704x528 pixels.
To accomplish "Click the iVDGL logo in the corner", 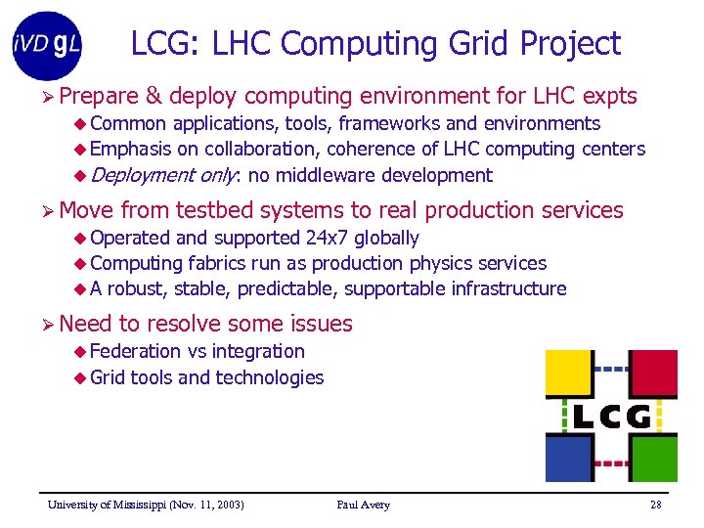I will [48, 44].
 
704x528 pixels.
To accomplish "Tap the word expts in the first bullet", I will [609, 96].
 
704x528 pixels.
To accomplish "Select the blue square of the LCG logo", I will [569, 459].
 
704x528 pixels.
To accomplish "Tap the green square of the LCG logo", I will [652, 459].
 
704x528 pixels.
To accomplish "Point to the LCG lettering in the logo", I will [611, 418].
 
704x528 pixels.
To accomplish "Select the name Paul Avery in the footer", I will [363, 505].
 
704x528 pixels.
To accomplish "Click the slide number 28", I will [655, 505].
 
